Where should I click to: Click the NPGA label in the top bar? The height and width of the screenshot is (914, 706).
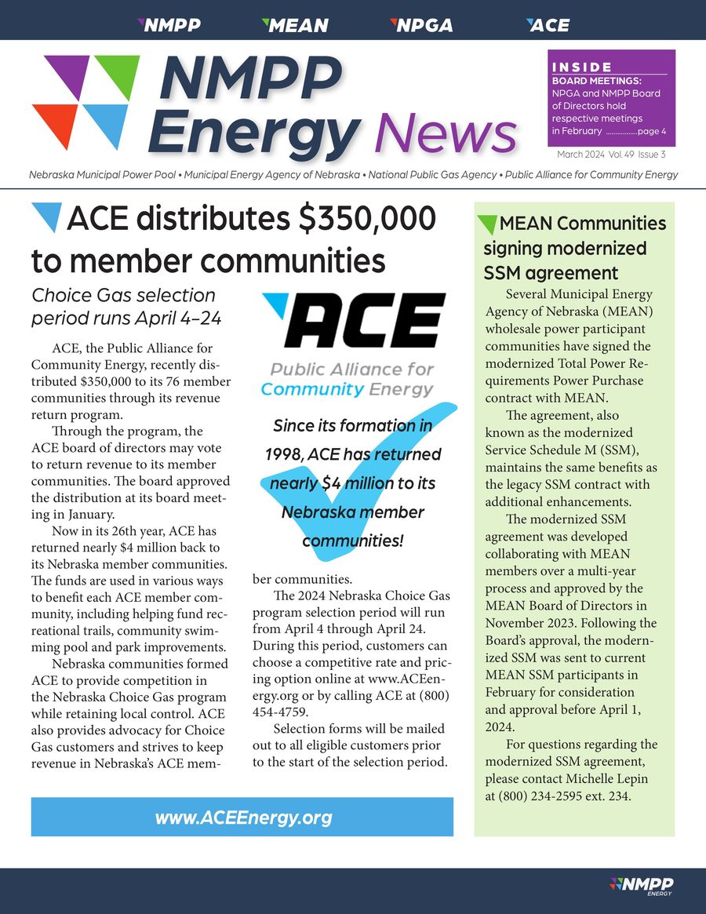(422, 25)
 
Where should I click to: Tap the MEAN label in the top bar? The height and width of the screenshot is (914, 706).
(295, 25)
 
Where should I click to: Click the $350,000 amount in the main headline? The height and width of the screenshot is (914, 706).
(368, 218)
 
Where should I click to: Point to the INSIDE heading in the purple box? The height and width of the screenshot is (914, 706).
(582, 67)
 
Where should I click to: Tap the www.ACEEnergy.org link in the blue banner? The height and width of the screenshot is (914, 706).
(243, 818)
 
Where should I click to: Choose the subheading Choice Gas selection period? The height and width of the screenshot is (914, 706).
(123, 307)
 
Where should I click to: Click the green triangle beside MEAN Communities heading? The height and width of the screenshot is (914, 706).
(486, 224)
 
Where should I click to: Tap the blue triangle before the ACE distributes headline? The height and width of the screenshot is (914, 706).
(46, 217)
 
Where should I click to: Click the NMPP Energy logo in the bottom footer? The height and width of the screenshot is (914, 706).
(642, 886)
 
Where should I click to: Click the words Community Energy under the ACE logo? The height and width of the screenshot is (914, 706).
(346, 389)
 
